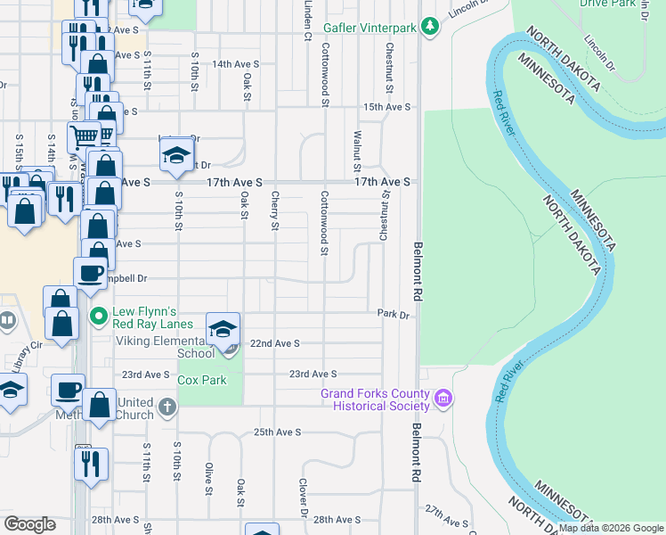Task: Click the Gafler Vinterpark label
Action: point(372,29)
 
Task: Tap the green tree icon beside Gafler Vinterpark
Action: point(430,27)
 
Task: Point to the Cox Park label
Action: point(202,380)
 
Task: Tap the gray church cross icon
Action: point(166,408)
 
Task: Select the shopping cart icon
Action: point(85,136)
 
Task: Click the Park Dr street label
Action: point(392,315)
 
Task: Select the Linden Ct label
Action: point(307,20)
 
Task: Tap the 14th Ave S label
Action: point(235,64)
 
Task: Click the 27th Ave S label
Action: point(446,515)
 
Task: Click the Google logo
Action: point(29,524)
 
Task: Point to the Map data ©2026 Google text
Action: point(611,528)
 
